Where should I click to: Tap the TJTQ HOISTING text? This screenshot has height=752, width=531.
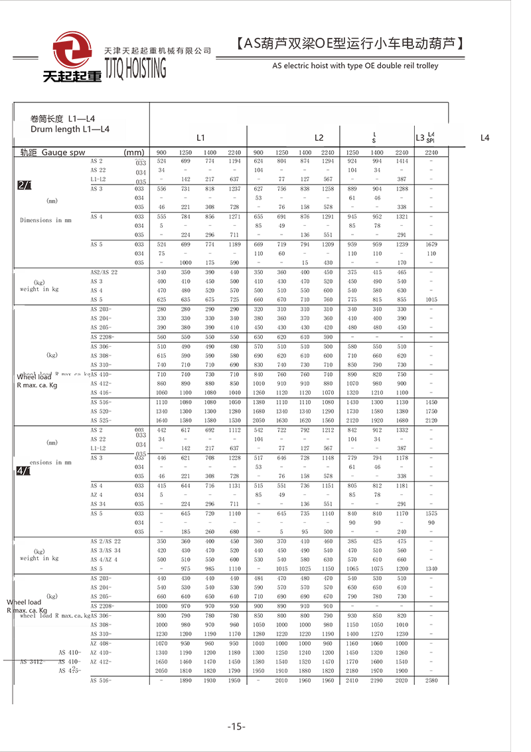point(136,67)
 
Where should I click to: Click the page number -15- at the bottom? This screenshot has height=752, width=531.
point(236,726)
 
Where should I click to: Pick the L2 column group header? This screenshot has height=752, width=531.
point(319,138)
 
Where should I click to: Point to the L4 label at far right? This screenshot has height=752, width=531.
point(485,138)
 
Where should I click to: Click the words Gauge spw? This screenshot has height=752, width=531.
point(64,152)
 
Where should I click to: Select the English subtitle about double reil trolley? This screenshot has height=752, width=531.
point(355,66)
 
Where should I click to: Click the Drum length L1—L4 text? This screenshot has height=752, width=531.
point(70,129)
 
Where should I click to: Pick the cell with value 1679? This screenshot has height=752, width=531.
point(431,244)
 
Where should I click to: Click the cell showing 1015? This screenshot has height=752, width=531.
point(431,300)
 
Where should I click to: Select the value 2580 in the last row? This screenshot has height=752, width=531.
point(431,681)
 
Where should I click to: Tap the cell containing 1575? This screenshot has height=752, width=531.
point(431,514)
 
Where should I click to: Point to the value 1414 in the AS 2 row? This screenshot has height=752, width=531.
point(402,161)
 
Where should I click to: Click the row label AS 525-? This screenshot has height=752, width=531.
point(102,421)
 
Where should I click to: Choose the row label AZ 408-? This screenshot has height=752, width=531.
point(101,644)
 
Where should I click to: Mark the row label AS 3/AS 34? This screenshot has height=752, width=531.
point(106,551)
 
